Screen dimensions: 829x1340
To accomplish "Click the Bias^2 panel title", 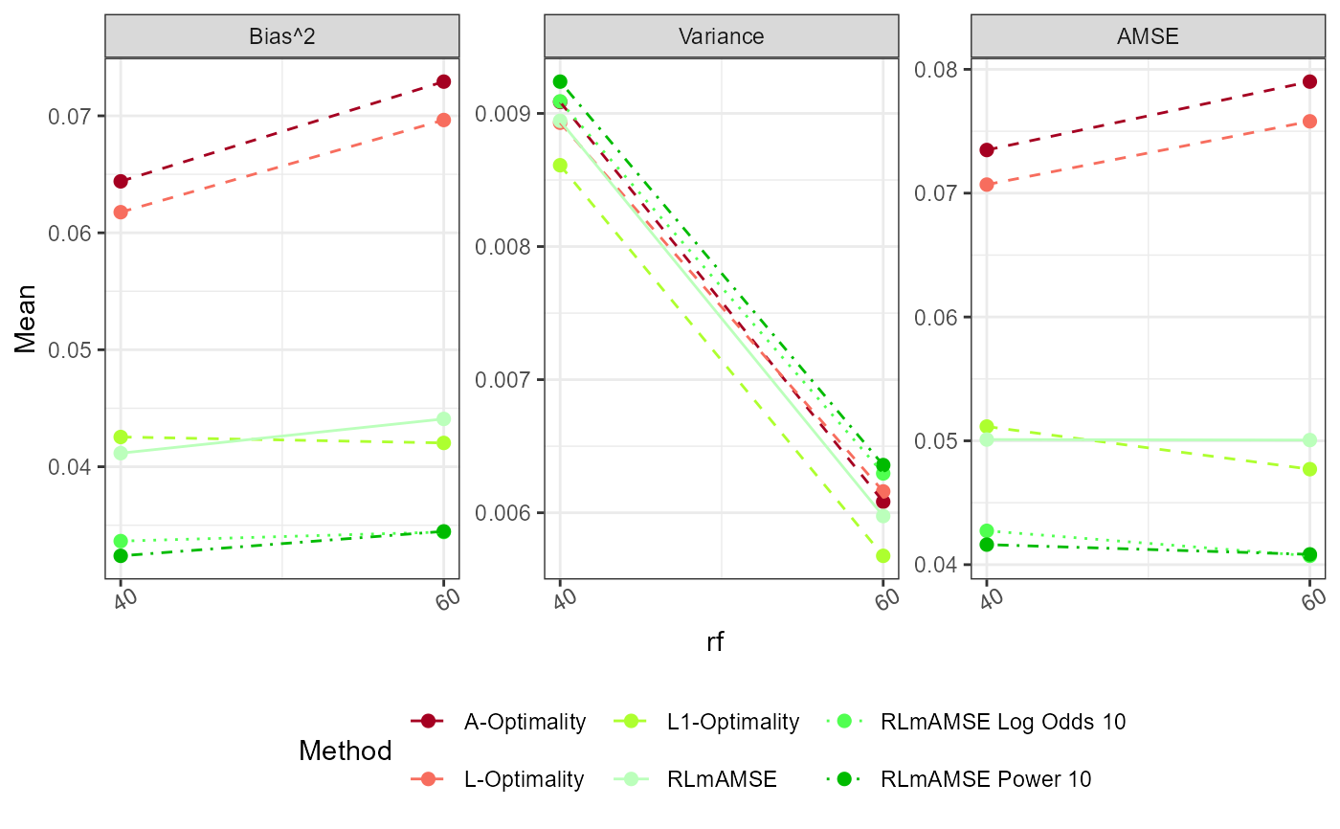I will [281, 36].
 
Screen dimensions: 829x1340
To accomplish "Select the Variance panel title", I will [721, 36].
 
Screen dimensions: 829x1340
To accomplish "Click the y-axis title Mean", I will [27, 318].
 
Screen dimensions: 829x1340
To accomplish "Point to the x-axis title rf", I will [715, 642].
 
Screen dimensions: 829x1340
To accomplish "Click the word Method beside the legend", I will [345, 751].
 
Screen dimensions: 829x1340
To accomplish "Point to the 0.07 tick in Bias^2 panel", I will [75, 117].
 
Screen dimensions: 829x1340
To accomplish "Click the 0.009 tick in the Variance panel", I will [507, 114].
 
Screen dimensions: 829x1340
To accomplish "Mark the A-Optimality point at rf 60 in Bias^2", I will [443, 81].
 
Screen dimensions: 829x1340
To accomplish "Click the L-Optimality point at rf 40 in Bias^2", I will [121, 212].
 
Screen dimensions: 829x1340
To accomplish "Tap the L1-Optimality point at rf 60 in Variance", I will [882, 555].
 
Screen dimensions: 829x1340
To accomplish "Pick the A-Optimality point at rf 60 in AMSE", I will [1309, 81].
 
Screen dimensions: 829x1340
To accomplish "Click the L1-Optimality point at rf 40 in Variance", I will [560, 165].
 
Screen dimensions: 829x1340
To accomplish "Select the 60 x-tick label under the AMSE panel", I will [1312, 598].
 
